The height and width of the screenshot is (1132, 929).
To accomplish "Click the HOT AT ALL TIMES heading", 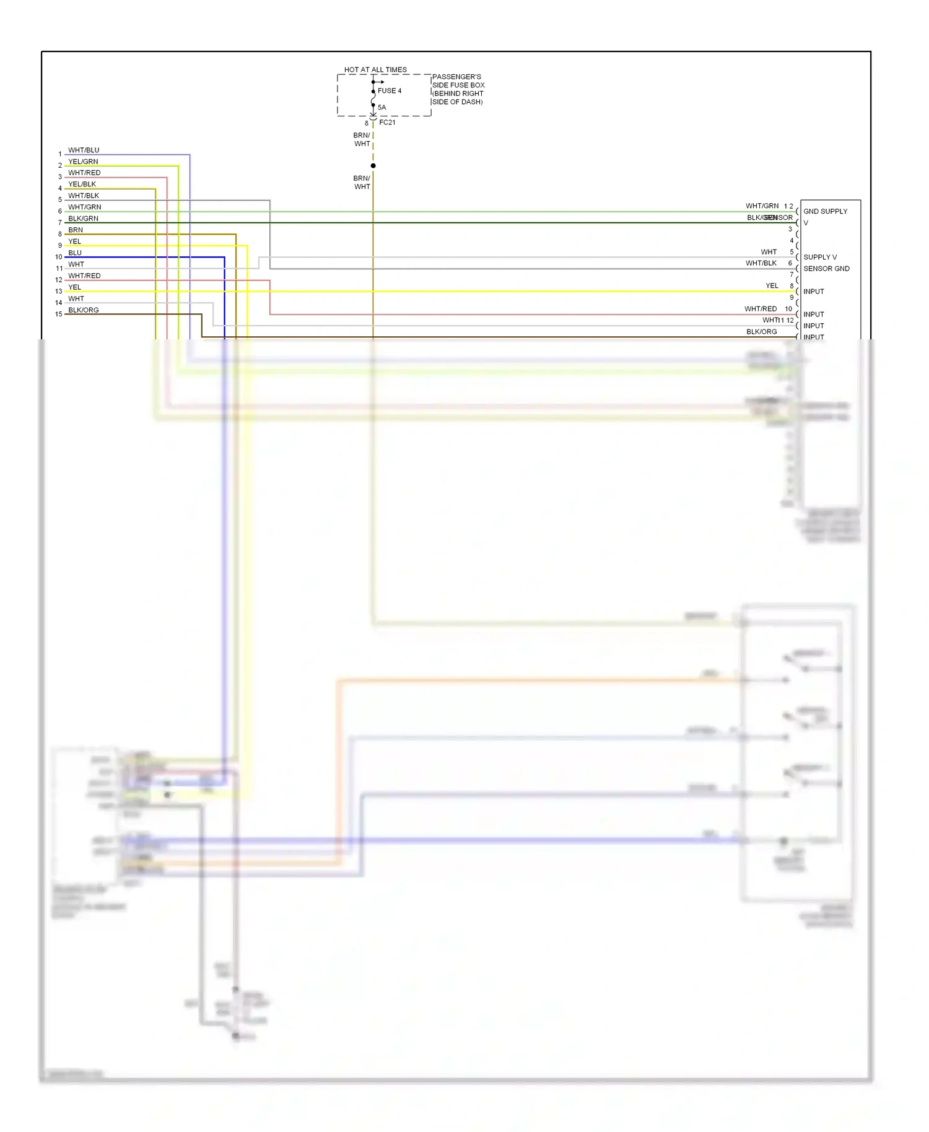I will [x=375, y=69].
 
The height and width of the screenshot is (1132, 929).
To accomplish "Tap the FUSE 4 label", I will [x=390, y=90].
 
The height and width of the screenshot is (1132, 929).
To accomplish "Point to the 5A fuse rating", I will [x=382, y=107].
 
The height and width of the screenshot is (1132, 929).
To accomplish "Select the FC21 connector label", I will [x=387, y=122].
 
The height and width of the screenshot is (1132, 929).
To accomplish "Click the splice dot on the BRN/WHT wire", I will [x=373, y=165].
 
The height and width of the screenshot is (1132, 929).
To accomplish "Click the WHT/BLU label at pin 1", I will [x=84, y=150].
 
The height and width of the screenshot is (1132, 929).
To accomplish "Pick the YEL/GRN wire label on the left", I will [x=83, y=162].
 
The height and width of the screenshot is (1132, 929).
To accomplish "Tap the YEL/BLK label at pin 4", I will [x=82, y=184].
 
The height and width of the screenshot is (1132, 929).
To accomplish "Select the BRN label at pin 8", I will [x=76, y=230].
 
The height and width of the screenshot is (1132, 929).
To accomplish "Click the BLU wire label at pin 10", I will [x=75, y=253].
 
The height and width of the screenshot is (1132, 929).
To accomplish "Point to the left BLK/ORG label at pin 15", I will [x=83, y=310].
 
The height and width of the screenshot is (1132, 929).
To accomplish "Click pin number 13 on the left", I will [x=59, y=291].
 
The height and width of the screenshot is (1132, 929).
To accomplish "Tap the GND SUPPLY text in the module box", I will [x=825, y=211].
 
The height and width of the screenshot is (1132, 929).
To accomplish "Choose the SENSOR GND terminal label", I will [x=826, y=268].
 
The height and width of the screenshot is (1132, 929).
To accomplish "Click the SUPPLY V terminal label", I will [x=819, y=257].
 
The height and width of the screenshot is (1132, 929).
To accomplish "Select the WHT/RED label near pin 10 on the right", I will [x=761, y=308].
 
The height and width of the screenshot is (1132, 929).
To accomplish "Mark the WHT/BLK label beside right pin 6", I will [x=761, y=263].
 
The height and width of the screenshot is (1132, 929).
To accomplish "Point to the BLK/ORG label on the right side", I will [x=761, y=331].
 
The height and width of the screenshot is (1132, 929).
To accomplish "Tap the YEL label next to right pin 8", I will [x=772, y=285].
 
